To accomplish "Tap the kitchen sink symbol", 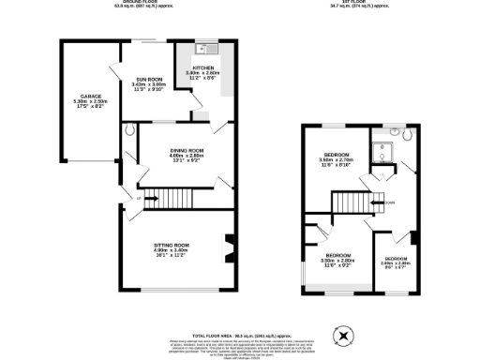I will pos(206,49).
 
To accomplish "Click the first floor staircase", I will pos(352,202).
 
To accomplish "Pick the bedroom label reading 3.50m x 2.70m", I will pos(336,158).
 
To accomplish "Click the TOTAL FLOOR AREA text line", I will pos(240,335).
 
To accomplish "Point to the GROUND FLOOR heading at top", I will pos(132,3).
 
